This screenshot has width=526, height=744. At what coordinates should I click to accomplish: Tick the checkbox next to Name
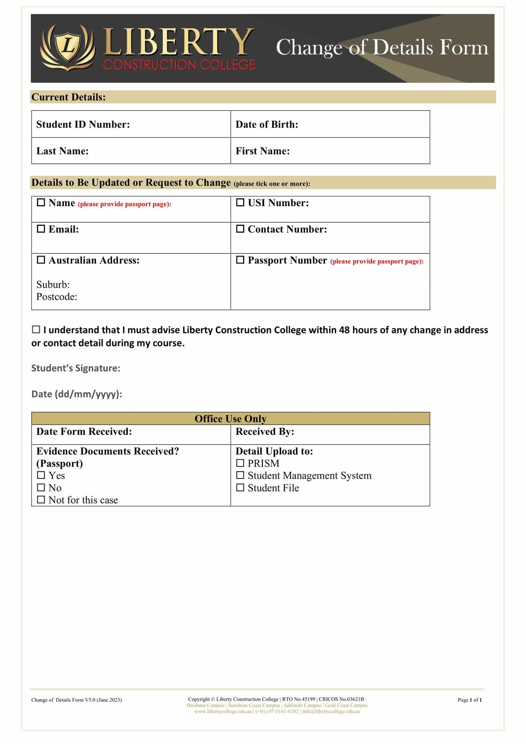[x=41, y=203]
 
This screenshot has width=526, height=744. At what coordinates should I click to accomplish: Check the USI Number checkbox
[x=240, y=203]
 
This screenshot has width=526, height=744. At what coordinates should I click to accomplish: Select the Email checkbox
[x=41, y=228]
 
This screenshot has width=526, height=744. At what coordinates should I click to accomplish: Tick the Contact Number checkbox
[x=240, y=228]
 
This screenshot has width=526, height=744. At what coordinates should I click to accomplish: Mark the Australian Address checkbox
[x=41, y=260]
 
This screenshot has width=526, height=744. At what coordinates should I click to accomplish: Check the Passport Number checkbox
[x=240, y=260]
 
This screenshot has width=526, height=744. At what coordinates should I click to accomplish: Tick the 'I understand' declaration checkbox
[x=36, y=329]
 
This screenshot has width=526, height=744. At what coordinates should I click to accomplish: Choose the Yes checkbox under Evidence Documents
[x=41, y=475]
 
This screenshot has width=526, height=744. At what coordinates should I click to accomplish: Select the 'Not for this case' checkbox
[x=41, y=500]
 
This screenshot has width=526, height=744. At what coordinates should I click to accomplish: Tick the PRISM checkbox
[x=240, y=463]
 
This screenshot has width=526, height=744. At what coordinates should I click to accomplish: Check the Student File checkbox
[x=240, y=488]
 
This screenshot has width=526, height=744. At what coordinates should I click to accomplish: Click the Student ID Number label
[x=83, y=124]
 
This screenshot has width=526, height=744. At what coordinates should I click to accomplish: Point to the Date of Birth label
[x=267, y=124]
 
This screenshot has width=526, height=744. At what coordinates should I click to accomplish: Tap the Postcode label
[x=57, y=297]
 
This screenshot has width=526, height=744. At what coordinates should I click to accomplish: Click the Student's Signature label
[x=76, y=368]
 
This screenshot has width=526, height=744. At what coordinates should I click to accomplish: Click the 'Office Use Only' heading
[x=230, y=419]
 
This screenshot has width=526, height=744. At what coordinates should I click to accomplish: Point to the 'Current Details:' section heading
[x=68, y=97]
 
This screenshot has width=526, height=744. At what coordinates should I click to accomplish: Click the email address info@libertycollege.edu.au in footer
[x=331, y=711]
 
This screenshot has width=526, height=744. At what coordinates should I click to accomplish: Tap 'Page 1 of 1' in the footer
[x=469, y=700]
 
